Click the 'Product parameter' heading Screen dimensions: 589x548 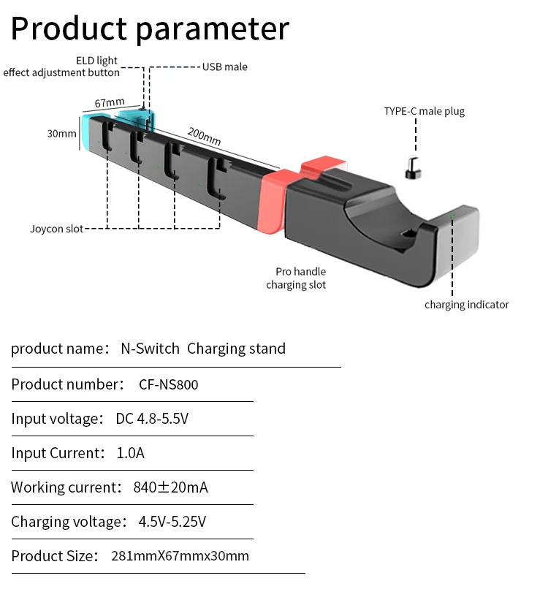click(x=150, y=28)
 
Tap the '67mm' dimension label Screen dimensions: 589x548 click(x=110, y=103)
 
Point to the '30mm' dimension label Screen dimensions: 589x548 click(x=62, y=134)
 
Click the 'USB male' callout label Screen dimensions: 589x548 click(x=225, y=67)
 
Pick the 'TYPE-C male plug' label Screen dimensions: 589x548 click(x=425, y=112)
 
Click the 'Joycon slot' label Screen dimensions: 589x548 click(x=56, y=229)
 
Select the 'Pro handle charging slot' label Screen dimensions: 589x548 click(x=296, y=278)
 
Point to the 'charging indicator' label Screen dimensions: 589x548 click(x=466, y=305)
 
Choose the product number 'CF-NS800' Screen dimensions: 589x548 click(x=168, y=385)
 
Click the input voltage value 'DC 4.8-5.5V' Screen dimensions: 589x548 click(x=153, y=419)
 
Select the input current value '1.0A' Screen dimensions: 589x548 click(x=131, y=453)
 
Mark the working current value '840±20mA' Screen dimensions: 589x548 click(x=170, y=487)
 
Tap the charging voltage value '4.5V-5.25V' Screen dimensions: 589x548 click(x=172, y=522)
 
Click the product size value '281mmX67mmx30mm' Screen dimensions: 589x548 click(x=180, y=556)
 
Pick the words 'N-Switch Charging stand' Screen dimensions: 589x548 click(x=203, y=349)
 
